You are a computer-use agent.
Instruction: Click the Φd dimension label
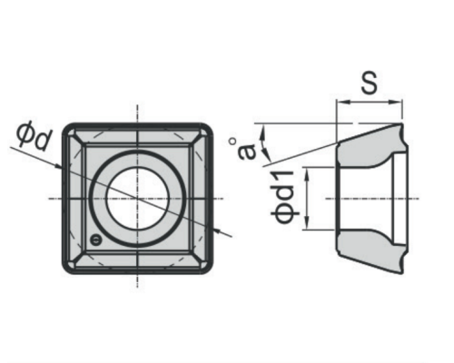(34, 137)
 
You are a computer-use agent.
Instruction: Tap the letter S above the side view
(370, 82)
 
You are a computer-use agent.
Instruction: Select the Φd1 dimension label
(283, 198)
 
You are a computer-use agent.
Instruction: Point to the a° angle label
(247, 149)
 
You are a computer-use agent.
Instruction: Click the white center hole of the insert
(137, 198)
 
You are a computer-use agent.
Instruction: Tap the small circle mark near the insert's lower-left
(96, 240)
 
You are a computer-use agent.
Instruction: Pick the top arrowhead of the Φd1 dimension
(308, 174)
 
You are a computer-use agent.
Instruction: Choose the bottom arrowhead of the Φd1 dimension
(308, 222)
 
